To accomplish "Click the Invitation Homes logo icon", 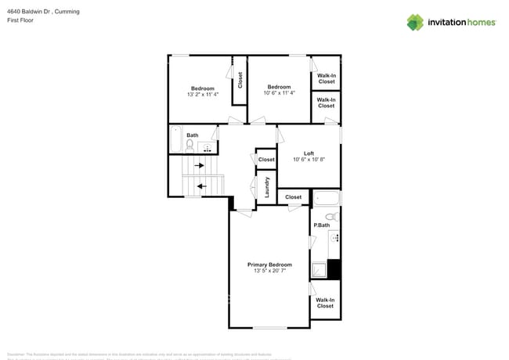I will pos(415,22).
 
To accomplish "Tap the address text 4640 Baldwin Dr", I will pos(31,12).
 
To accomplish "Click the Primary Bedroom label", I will pos(269,265).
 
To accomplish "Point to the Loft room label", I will pos(309,153).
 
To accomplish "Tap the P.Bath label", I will pos(320,225).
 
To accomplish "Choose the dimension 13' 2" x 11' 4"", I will pos(203,94).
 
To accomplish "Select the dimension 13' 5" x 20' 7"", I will pos(269,271).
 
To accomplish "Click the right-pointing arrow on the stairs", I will pos(199,165).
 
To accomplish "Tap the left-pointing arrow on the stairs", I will pos(201,185).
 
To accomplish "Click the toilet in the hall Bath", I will pos(190,146).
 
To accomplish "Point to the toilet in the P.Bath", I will pos(330,215).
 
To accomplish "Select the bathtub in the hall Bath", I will pos(175,140).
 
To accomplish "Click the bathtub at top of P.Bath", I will pos(326,198).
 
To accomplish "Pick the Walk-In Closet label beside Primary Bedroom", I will pos(325,302).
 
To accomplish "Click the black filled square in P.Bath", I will pos(334,268).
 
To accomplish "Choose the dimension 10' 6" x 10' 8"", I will pos(309,160).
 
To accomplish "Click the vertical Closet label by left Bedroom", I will pos(240,80).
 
